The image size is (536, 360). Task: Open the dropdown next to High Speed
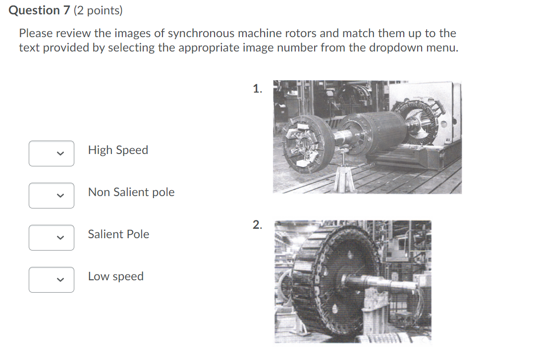tap(52, 154)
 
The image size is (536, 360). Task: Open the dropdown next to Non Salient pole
tap(52, 196)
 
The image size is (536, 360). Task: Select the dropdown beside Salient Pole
tap(52, 238)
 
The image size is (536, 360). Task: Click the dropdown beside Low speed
tap(52, 280)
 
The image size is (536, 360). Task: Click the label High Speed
tap(118, 150)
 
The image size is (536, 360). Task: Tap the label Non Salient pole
tap(131, 192)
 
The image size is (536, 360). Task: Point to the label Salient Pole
tap(118, 234)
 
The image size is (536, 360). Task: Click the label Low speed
tap(116, 276)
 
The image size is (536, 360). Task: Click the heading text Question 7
tap(40, 10)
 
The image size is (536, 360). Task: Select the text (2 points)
tap(98, 10)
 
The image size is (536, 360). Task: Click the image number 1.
tap(257, 89)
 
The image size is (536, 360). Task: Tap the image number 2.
tap(257, 225)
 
